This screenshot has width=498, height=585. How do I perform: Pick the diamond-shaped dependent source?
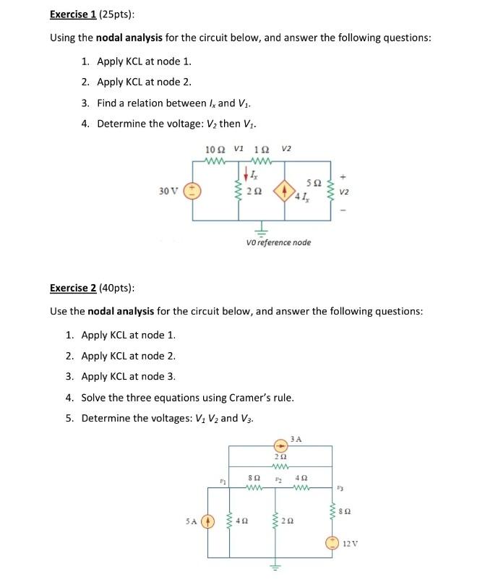pos(283,192)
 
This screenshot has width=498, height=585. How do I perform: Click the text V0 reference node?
pos(279,242)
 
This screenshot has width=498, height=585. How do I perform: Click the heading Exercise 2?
pos(73,288)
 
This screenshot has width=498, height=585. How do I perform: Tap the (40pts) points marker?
pos(116,288)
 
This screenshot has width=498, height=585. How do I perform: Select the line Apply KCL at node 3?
pos(129,376)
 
